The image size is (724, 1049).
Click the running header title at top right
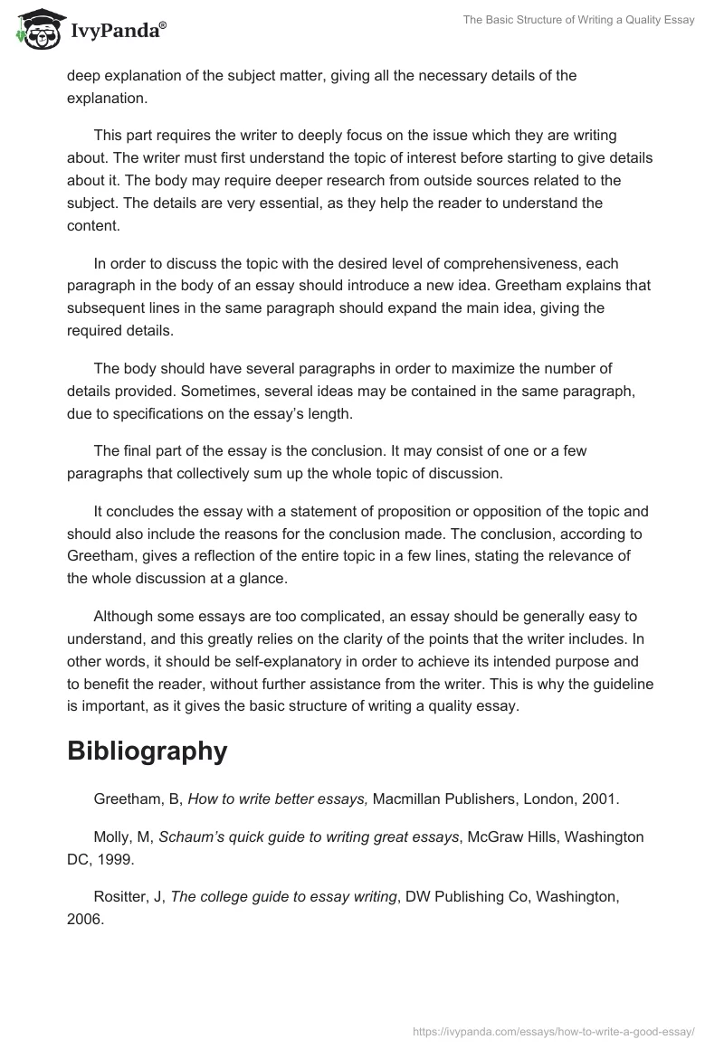[x=578, y=20]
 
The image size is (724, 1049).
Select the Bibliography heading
[x=147, y=751]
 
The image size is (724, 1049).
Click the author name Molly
[x=113, y=836]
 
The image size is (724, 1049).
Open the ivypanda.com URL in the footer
[x=553, y=1030]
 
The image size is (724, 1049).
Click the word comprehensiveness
[x=473, y=264]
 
